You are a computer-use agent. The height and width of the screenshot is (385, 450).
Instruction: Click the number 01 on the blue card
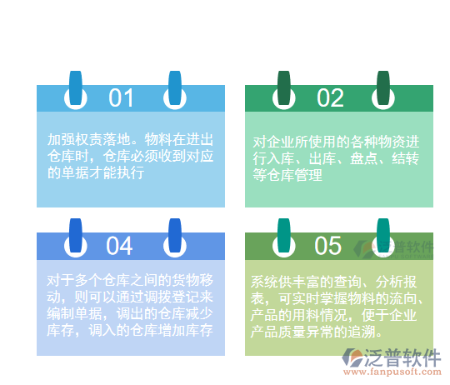[121, 98]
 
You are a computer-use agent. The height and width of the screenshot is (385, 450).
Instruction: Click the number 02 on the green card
[330, 98]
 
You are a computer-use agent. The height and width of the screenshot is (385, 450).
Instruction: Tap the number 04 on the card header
[120, 246]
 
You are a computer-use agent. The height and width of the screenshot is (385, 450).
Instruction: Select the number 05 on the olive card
[328, 246]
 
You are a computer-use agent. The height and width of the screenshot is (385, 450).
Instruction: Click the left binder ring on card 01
[76, 90]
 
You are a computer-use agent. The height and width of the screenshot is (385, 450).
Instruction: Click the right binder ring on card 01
[175, 90]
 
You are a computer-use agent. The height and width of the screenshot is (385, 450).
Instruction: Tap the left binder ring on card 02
[284, 90]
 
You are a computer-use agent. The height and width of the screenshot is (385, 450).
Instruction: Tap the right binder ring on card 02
[383, 90]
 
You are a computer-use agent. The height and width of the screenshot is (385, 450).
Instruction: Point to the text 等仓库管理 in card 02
[287, 175]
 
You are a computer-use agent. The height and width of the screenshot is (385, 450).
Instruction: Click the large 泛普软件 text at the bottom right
[404, 358]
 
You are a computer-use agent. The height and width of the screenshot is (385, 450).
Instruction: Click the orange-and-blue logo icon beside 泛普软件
[353, 359]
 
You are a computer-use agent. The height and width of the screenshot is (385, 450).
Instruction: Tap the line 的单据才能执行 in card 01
[96, 172]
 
